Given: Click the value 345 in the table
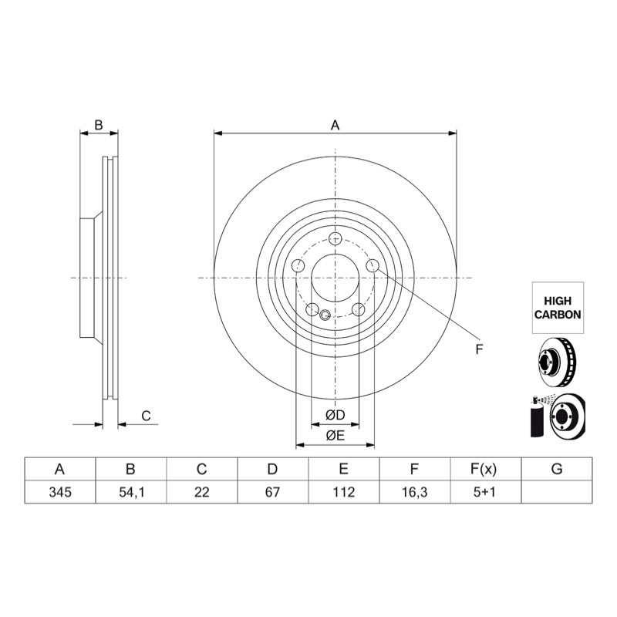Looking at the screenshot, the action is coord(60,492).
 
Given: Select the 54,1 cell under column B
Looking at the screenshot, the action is coord(131,492).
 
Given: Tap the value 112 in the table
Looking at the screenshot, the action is coord(343,492).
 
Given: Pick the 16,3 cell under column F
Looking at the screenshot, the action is coord(415,492).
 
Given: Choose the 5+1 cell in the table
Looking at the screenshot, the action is coord(486,492).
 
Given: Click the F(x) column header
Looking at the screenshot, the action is coord(484,469).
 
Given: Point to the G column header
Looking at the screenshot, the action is coord(557,469).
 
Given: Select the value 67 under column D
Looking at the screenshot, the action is coord(272,492).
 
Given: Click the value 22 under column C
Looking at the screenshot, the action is coord(201,492).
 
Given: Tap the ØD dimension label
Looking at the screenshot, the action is coord(335,415).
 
